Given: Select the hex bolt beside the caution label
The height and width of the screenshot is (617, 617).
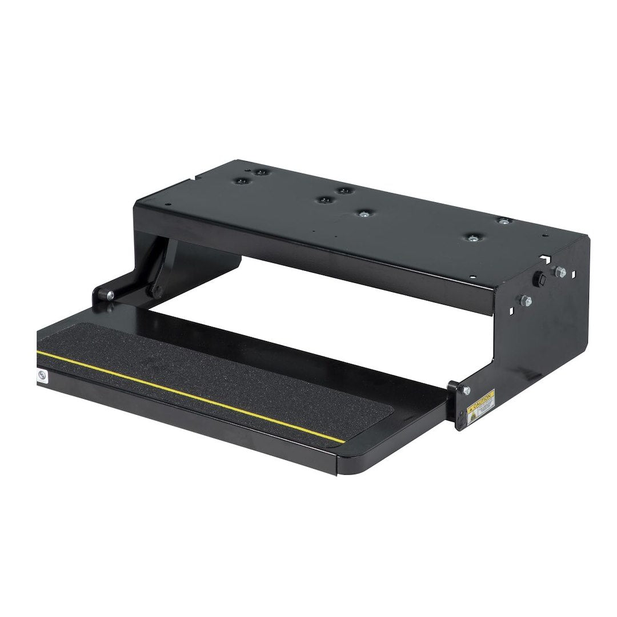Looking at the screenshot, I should click(x=467, y=390).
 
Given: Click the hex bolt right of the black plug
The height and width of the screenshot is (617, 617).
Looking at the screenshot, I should click(x=560, y=273).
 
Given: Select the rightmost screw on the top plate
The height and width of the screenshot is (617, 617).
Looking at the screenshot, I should click(x=503, y=221).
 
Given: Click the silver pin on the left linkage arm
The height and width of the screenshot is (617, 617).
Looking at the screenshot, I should click(x=110, y=295).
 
